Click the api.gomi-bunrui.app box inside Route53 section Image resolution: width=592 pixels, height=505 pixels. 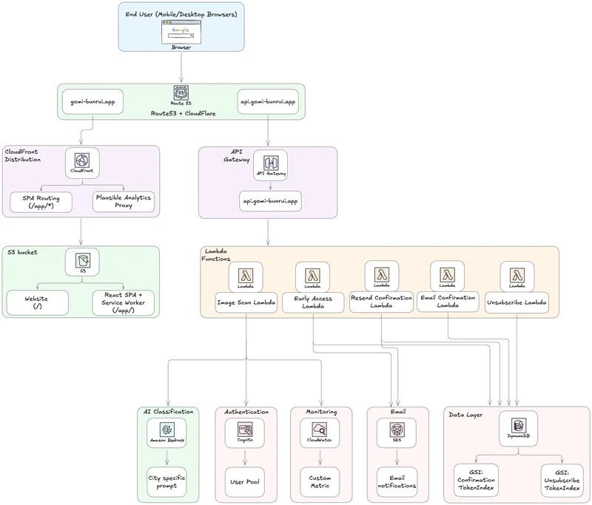pyautogui.click(x=268, y=101)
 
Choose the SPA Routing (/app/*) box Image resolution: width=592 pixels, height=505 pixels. pyautogui.click(x=41, y=201)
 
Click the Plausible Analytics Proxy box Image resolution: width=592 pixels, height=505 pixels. pyautogui.click(x=123, y=201)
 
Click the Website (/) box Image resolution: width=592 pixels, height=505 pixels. pyautogui.click(x=37, y=302)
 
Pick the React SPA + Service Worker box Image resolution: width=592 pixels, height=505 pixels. pyautogui.click(x=123, y=302)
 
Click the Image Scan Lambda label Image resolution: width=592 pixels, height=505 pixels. pyautogui.click(x=247, y=302)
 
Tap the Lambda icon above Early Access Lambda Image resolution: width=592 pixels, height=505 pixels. pyautogui.click(x=312, y=277)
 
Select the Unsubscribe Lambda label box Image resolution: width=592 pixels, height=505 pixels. pyautogui.click(x=517, y=302)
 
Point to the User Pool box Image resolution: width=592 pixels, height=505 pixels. pyautogui.click(x=244, y=482)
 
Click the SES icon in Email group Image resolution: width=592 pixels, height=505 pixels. pyautogui.click(x=397, y=433)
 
